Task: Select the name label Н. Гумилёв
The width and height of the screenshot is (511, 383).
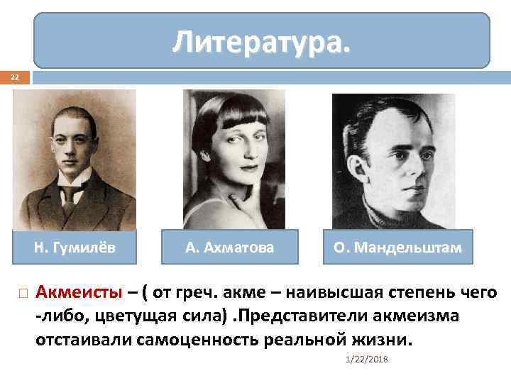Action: coord(75,248)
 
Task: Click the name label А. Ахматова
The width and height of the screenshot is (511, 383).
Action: coord(229,248)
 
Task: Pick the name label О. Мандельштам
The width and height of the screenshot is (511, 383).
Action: coord(397,248)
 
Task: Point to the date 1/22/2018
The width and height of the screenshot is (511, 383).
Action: coord(361,360)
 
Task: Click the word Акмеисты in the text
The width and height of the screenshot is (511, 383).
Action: coord(79,292)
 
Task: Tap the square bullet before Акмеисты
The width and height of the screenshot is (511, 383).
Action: coord(22,292)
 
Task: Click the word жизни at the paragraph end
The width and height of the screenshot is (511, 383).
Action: coord(388,340)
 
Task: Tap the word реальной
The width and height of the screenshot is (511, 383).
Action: coord(309,340)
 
